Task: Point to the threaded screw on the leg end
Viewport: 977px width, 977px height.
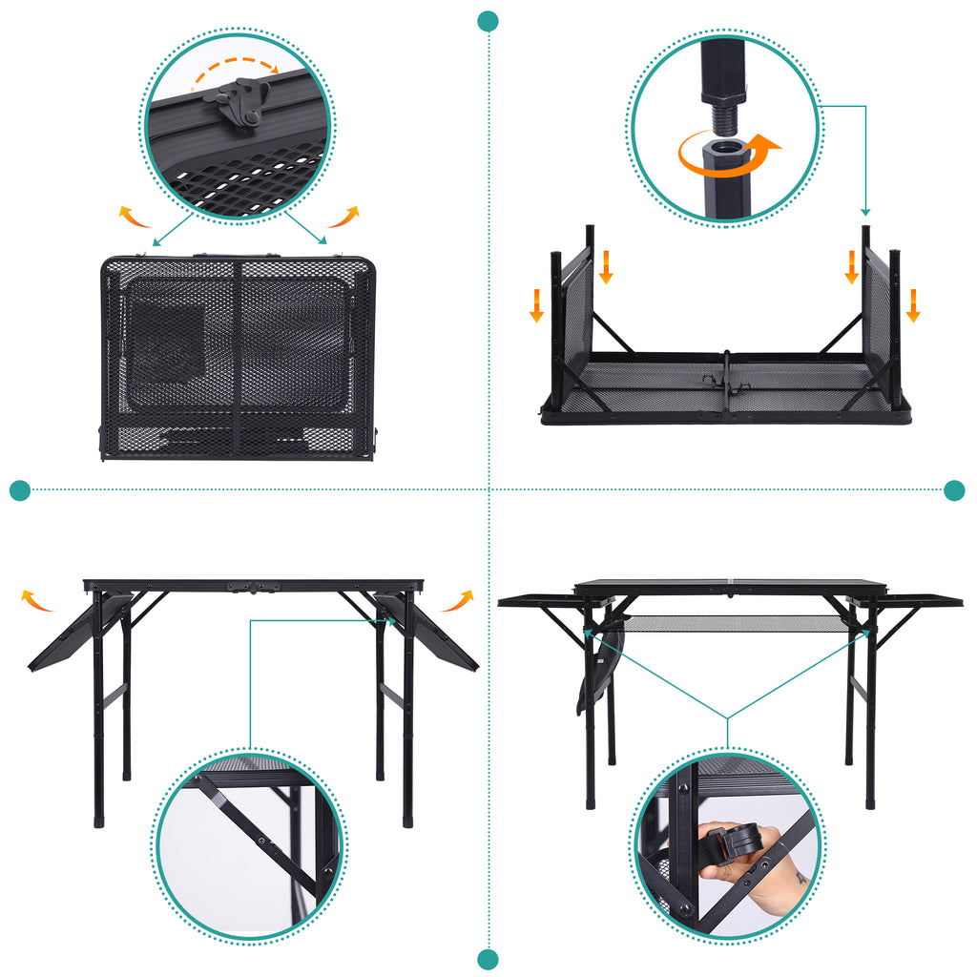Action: pyautogui.click(x=722, y=115)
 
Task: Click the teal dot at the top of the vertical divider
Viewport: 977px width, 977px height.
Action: pyautogui.click(x=488, y=20)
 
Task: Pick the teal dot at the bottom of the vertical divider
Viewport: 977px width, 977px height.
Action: pyautogui.click(x=488, y=959)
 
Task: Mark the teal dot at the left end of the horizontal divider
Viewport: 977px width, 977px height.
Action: pyautogui.click(x=20, y=490)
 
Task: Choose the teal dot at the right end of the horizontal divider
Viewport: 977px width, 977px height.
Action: pyautogui.click(x=954, y=490)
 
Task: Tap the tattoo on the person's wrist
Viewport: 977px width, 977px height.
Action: pyautogui.click(x=801, y=876)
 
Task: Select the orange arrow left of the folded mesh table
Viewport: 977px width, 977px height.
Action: pyautogui.click(x=135, y=218)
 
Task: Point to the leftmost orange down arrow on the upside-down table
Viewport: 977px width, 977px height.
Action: pyautogui.click(x=537, y=305)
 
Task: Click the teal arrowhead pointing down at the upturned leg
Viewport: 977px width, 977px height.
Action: pyautogui.click(x=865, y=212)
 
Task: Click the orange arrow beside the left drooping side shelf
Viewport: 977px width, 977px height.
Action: pyautogui.click(x=37, y=600)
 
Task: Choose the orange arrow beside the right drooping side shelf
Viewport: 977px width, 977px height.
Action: pyautogui.click(x=459, y=600)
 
